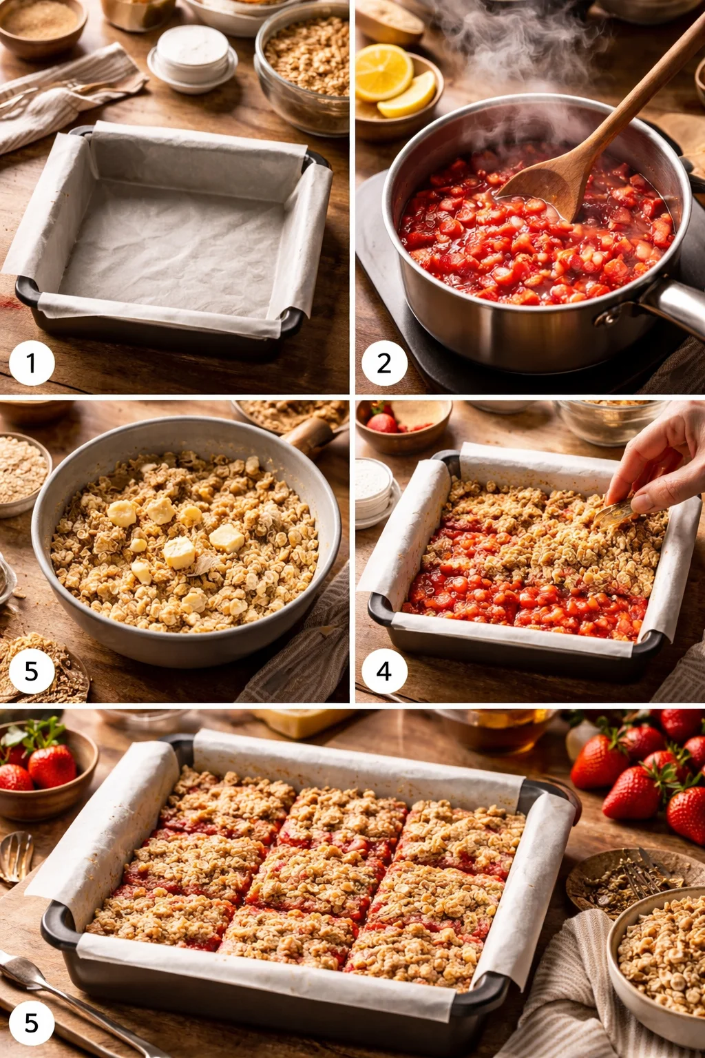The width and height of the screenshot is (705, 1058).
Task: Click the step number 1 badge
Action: [x=32, y=362]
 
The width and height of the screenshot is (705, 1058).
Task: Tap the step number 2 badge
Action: [x=384, y=362]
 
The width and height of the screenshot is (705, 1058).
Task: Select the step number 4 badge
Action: [x=384, y=670]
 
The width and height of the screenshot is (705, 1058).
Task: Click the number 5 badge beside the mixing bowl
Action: [x=32, y=670]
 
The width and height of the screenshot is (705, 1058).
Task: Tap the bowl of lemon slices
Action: [x=396, y=90]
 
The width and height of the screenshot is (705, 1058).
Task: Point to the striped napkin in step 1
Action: [x=62, y=96]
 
